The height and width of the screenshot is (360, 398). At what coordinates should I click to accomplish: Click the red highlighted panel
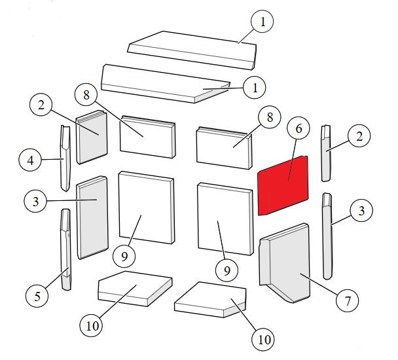[x=283, y=186]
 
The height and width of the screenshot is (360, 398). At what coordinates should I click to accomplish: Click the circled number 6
[x=298, y=128]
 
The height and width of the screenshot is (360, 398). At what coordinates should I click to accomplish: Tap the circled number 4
[x=30, y=160]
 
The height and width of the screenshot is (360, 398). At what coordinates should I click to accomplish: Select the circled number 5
[x=37, y=296]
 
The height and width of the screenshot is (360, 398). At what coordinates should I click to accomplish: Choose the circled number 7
[x=348, y=301]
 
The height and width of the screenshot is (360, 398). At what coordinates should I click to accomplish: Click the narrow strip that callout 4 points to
[x=65, y=158]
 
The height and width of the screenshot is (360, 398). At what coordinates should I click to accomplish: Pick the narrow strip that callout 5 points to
[x=65, y=249]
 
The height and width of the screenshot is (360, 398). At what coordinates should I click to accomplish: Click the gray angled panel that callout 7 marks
[x=285, y=263]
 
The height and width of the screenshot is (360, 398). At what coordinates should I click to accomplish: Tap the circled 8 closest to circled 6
[x=270, y=117]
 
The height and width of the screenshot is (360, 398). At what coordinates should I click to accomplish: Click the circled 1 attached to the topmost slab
[x=262, y=22]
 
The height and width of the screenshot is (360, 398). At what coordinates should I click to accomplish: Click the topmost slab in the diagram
[x=192, y=50]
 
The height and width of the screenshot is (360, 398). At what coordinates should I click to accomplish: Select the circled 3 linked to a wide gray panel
[x=35, y=202]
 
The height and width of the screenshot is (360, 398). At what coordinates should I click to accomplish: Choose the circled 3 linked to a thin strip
[x=361, y=210]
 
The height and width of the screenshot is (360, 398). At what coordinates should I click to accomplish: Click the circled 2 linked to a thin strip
[x=359, y=137]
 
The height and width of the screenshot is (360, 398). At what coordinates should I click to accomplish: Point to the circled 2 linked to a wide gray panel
[x=41, y=105]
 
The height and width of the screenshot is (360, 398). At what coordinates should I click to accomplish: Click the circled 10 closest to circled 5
[x=92, y=326]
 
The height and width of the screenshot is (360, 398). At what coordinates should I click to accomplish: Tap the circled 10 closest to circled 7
[x=264, y=340]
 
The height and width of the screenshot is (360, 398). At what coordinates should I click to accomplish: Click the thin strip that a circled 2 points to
[x=327, y=153]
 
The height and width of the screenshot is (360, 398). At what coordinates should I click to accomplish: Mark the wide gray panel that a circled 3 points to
[x=93, y=217]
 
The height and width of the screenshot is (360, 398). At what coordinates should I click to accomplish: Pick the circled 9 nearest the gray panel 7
[x=226, y=270]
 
